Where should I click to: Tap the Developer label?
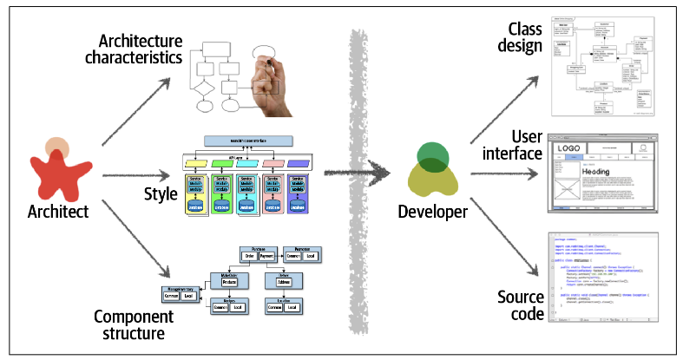point(432,211)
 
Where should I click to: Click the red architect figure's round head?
point(58,147)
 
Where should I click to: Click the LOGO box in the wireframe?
point(569,149)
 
